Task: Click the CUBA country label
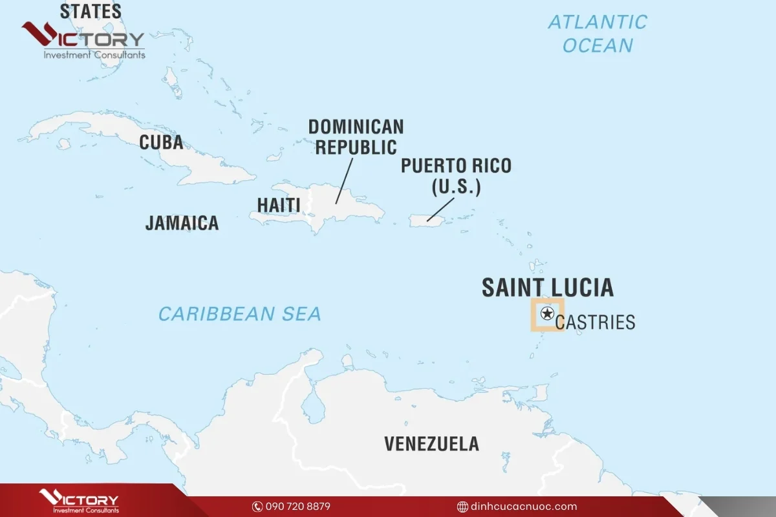(x=161, y=142)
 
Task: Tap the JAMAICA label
(x=182, y=223)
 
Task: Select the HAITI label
(x=279, y=205)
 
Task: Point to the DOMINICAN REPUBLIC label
(x=356, y=136)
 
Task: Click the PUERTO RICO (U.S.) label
(x=456, y=176)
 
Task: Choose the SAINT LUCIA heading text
(x=547, y=288)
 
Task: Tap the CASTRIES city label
(x=595, y=322)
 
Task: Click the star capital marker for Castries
(x=547, y=314)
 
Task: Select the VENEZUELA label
(x=431, y=444)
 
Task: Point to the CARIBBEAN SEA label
(x=240, y=314)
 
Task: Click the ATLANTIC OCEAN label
(x=597, y=34)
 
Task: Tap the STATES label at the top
(x=91, y=11)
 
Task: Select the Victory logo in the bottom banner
(x=79, y=501)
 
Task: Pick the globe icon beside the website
(x=462, y=506)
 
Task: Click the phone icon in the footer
(x=257, y=506)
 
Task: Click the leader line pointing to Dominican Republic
(x=344, y=181)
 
